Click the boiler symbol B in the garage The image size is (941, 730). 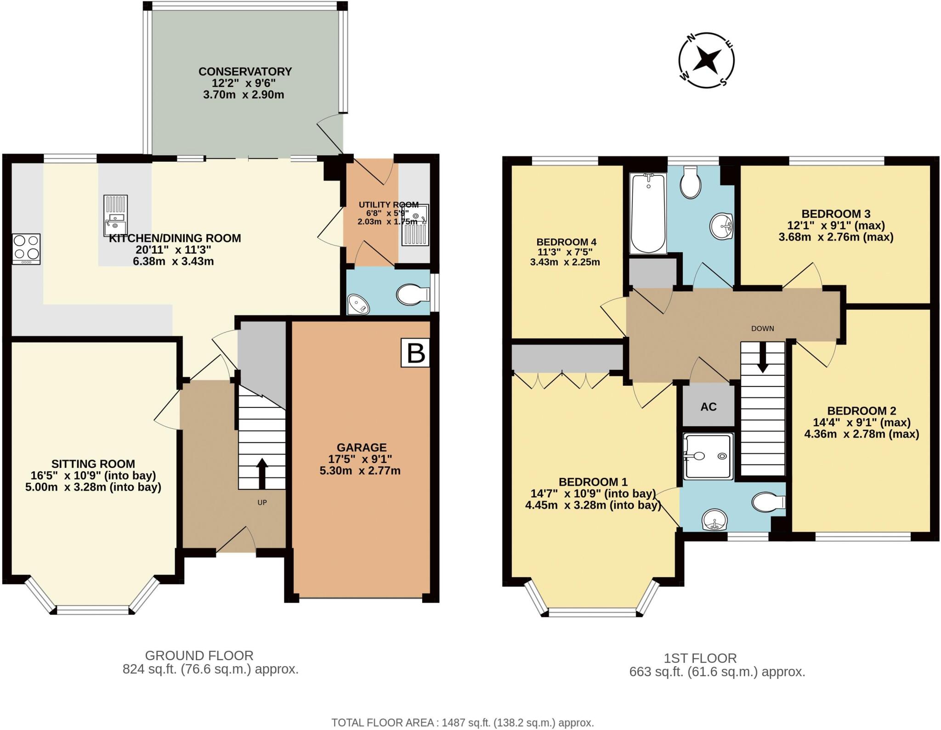pos(416,353)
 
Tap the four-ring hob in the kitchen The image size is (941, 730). pos(26,248)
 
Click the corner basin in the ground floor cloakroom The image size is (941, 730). pos(358,304)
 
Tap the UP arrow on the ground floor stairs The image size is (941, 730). pos(262,473)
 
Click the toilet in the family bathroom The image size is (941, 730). pos(691,182)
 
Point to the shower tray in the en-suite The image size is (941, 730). pos(708,456)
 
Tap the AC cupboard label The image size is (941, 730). pos(709,407)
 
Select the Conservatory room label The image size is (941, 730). pos(245,72)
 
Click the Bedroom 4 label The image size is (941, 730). pos(566,242)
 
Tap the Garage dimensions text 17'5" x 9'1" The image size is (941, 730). pos(360,458)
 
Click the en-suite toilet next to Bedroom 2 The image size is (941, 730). pos(767,502)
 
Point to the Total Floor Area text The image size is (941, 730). pos(463,722)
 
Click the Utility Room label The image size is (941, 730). pos(388,205)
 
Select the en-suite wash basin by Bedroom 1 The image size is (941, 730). pos(715,520)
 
